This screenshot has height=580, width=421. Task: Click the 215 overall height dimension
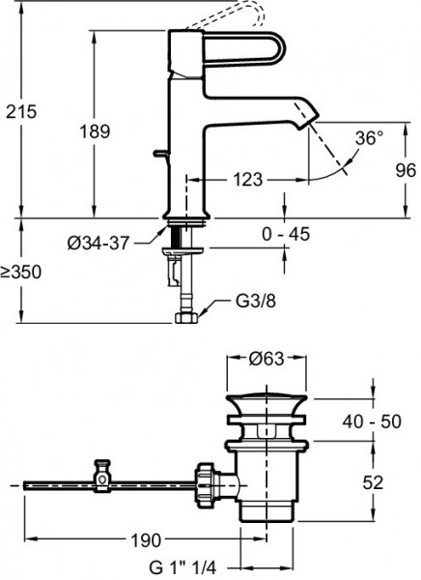click(x=21, y=111)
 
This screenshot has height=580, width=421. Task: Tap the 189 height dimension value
click(x=95, y=131)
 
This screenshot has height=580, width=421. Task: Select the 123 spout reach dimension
click(x=247, y=180)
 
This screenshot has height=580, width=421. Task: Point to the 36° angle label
click(x=369, y=138)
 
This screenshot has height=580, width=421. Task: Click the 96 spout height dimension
click(x=406, y=170)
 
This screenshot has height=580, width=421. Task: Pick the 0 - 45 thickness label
click(x=286, y=234)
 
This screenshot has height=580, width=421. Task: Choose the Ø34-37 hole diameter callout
click(x=98, y=243)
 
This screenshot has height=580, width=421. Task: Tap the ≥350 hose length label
click(x=20, y=273)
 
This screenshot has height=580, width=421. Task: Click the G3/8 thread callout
click(x=256, y=302)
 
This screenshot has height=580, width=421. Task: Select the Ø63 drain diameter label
click(x=267, y=358)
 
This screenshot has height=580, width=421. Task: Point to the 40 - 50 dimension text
click(x=372, y=421)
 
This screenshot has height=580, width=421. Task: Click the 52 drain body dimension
click(x=373, y=482)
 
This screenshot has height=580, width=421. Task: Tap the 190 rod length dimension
click(x=146, y=540)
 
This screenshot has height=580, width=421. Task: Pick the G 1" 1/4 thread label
click(x=182, y=567)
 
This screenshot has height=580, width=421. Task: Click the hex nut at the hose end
click(x=186, y=318)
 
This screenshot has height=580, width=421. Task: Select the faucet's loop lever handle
click(x=244, y=49)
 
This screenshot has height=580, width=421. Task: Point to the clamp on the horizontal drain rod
click(x=102, y=476)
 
